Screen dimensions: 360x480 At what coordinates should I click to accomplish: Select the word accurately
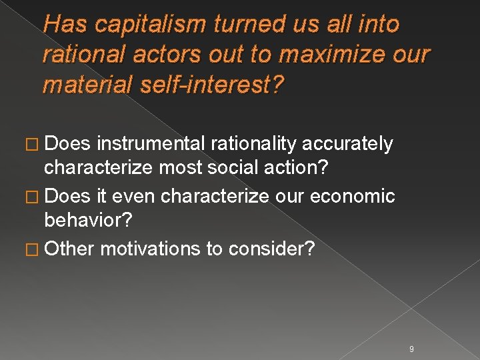point(347,143)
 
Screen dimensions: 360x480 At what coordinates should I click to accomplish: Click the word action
point(298,167)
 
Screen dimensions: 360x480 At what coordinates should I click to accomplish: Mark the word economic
point(353,197)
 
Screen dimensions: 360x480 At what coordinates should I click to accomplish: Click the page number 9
point(411,349)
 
